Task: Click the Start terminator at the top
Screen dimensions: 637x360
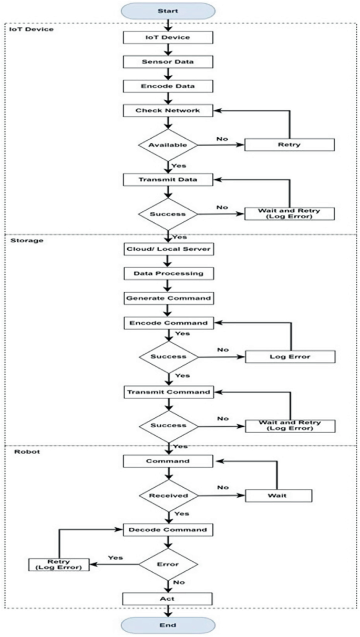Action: click(168, 11)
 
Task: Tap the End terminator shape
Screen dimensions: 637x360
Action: click(168, 625)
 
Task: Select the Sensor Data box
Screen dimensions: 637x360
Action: click(168, 61)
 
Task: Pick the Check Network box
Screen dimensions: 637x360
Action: click(168, 110)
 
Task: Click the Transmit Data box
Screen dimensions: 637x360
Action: click(168, 179)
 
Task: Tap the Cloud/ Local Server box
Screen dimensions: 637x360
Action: click(168, 249)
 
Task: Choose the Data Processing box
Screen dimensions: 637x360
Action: click(168, 273)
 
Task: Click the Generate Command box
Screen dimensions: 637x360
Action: click(168, 298)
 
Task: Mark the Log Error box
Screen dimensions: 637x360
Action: click(290, 357)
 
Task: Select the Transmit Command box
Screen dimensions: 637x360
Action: click(168, 392)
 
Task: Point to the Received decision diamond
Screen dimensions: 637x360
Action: click(168, 495)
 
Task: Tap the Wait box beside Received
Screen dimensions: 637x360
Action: click(279, 495)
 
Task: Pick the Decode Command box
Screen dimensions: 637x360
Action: click(168, 529)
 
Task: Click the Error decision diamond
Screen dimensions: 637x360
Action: click(168, 564)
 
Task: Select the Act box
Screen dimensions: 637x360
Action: click(168, 599)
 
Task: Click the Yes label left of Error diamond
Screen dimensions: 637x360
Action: click(115, 557)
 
